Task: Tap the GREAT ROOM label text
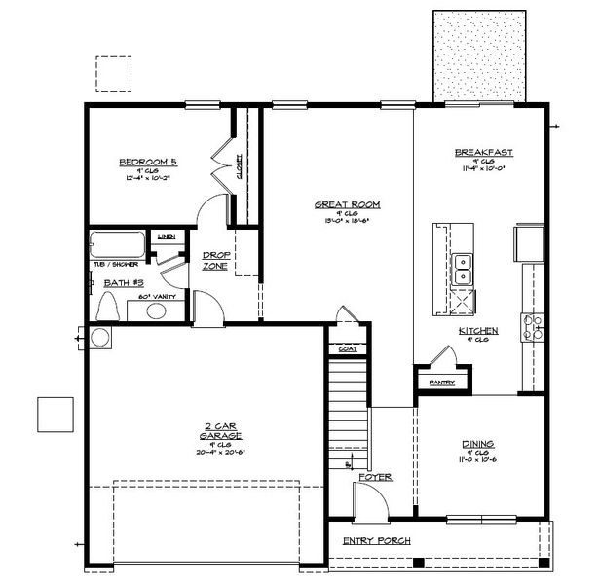(346, 204)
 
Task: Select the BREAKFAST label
(483, 153)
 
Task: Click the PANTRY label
(441, 383)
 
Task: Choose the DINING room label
(479, 444)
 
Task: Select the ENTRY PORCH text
(376, 540)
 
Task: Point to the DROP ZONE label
(215, 260)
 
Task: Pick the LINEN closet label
(167, 237)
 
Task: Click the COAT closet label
(347, 347)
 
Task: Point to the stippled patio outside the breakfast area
(479, 55)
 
